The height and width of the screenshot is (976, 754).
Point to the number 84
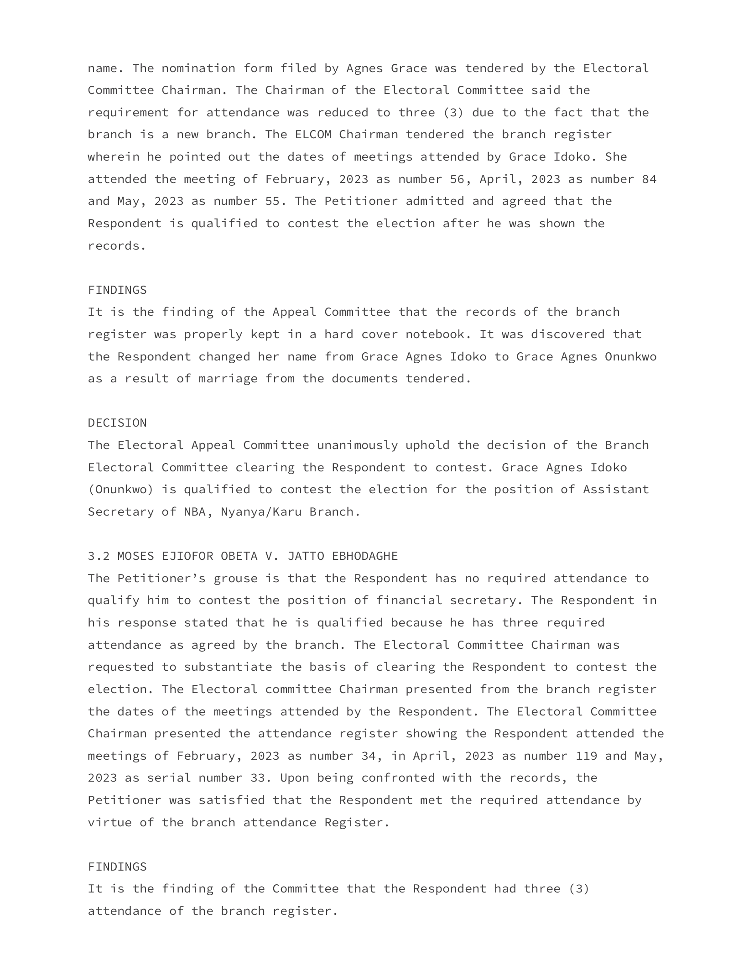(649, 179)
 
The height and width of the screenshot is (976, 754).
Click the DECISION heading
(117, 423)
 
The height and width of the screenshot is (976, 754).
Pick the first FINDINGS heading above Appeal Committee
(117, 290)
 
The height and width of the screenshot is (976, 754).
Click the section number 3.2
(99, 556)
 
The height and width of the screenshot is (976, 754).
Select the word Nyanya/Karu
(261, 511)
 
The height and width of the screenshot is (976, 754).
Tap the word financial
(409, 600)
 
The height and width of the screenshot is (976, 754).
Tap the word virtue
(110, 822)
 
